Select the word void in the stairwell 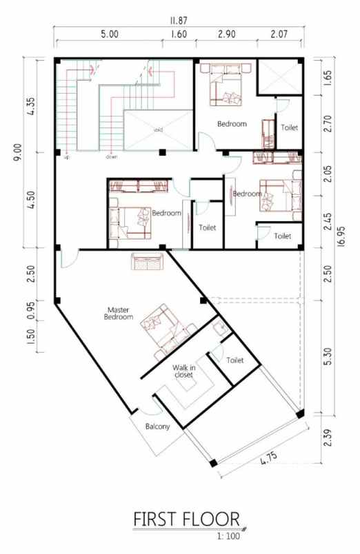click(159, 129)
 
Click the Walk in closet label click(183, 372)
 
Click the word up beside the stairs click(67, 157)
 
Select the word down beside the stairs click(111, 157)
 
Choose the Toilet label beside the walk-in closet click(235, 360)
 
